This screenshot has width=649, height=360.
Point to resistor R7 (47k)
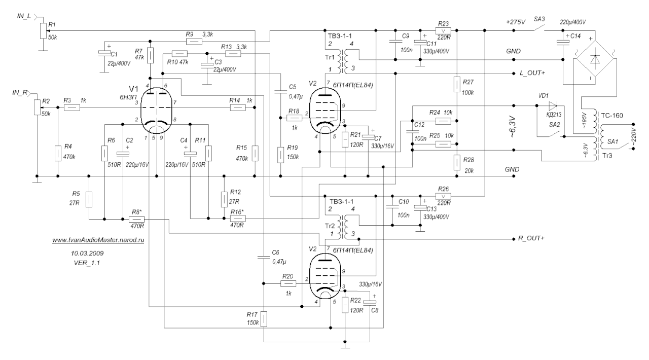click(x=150, y=55)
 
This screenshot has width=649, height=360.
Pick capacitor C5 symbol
click(x=279, y=93)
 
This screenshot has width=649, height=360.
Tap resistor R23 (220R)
click(x=443, y=30)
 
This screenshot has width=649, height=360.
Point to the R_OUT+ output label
click(x=529, y=238)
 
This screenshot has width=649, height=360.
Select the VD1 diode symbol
click(x=551, y=106)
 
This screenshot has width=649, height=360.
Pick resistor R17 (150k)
click(x=264, y=320)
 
